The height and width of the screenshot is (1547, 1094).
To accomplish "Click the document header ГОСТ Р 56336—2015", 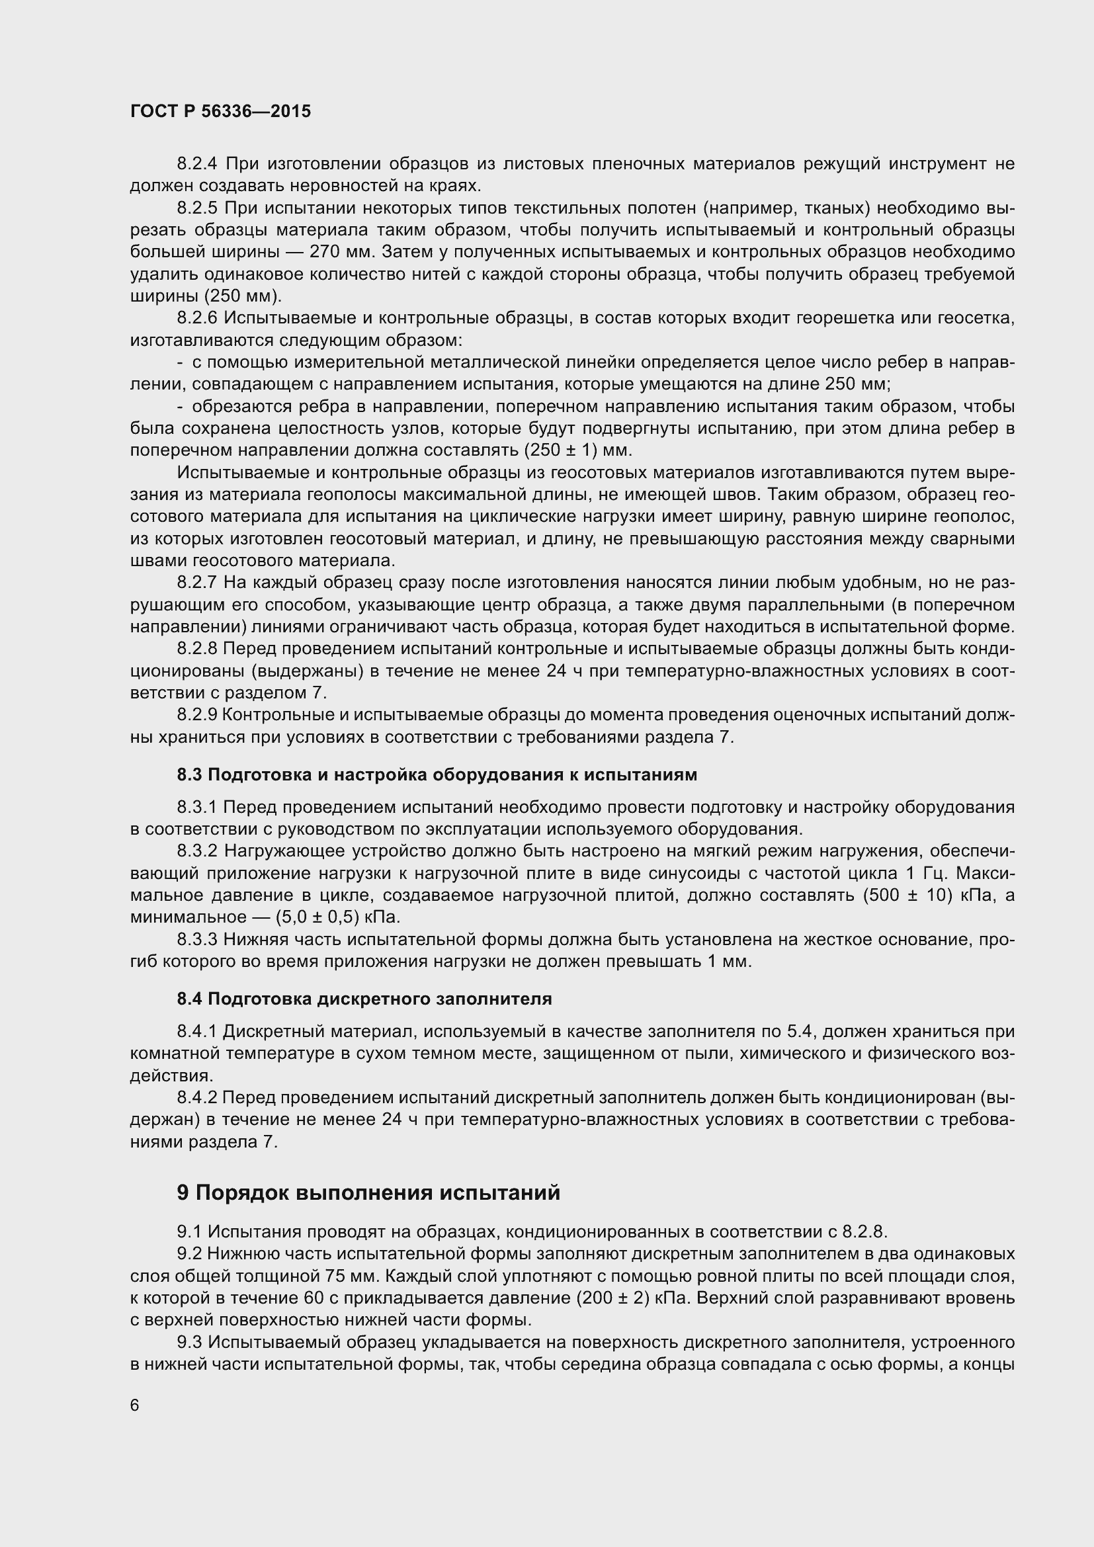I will [220, 112].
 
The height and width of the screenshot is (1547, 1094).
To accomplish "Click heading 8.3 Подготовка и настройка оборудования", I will [437, 775].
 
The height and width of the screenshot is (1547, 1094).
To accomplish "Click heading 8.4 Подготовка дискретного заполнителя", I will [364, 999].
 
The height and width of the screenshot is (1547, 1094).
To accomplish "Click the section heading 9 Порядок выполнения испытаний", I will [368, 1192].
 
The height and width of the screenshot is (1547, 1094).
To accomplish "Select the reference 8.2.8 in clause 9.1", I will [864, 1232].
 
